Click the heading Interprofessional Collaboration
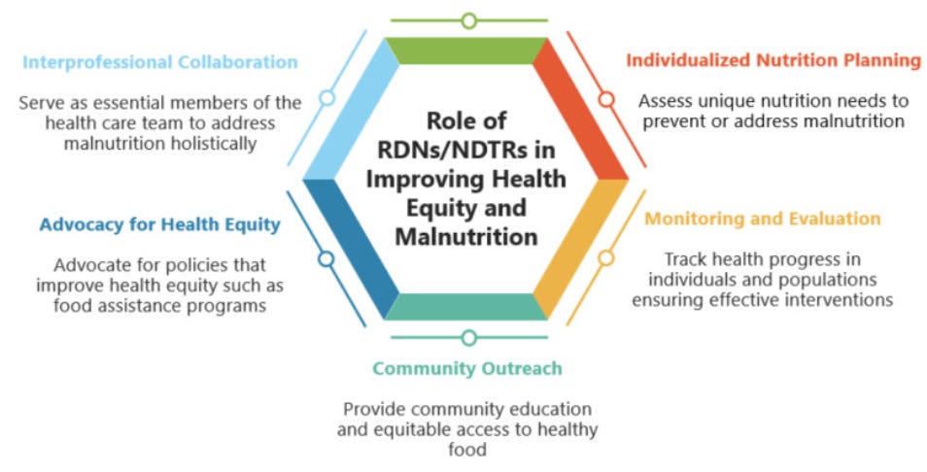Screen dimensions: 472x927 159,62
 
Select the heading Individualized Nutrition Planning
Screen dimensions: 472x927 772,60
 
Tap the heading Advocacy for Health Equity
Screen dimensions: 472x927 159,224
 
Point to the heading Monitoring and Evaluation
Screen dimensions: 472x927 763,219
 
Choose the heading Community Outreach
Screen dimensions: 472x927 467,369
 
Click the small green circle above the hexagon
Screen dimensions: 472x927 469,20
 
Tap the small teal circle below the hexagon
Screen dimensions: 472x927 469,338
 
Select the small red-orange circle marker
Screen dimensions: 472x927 606,99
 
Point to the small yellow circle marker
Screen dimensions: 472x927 606,258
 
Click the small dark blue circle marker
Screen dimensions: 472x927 326,259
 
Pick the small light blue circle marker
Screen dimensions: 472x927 327,98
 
